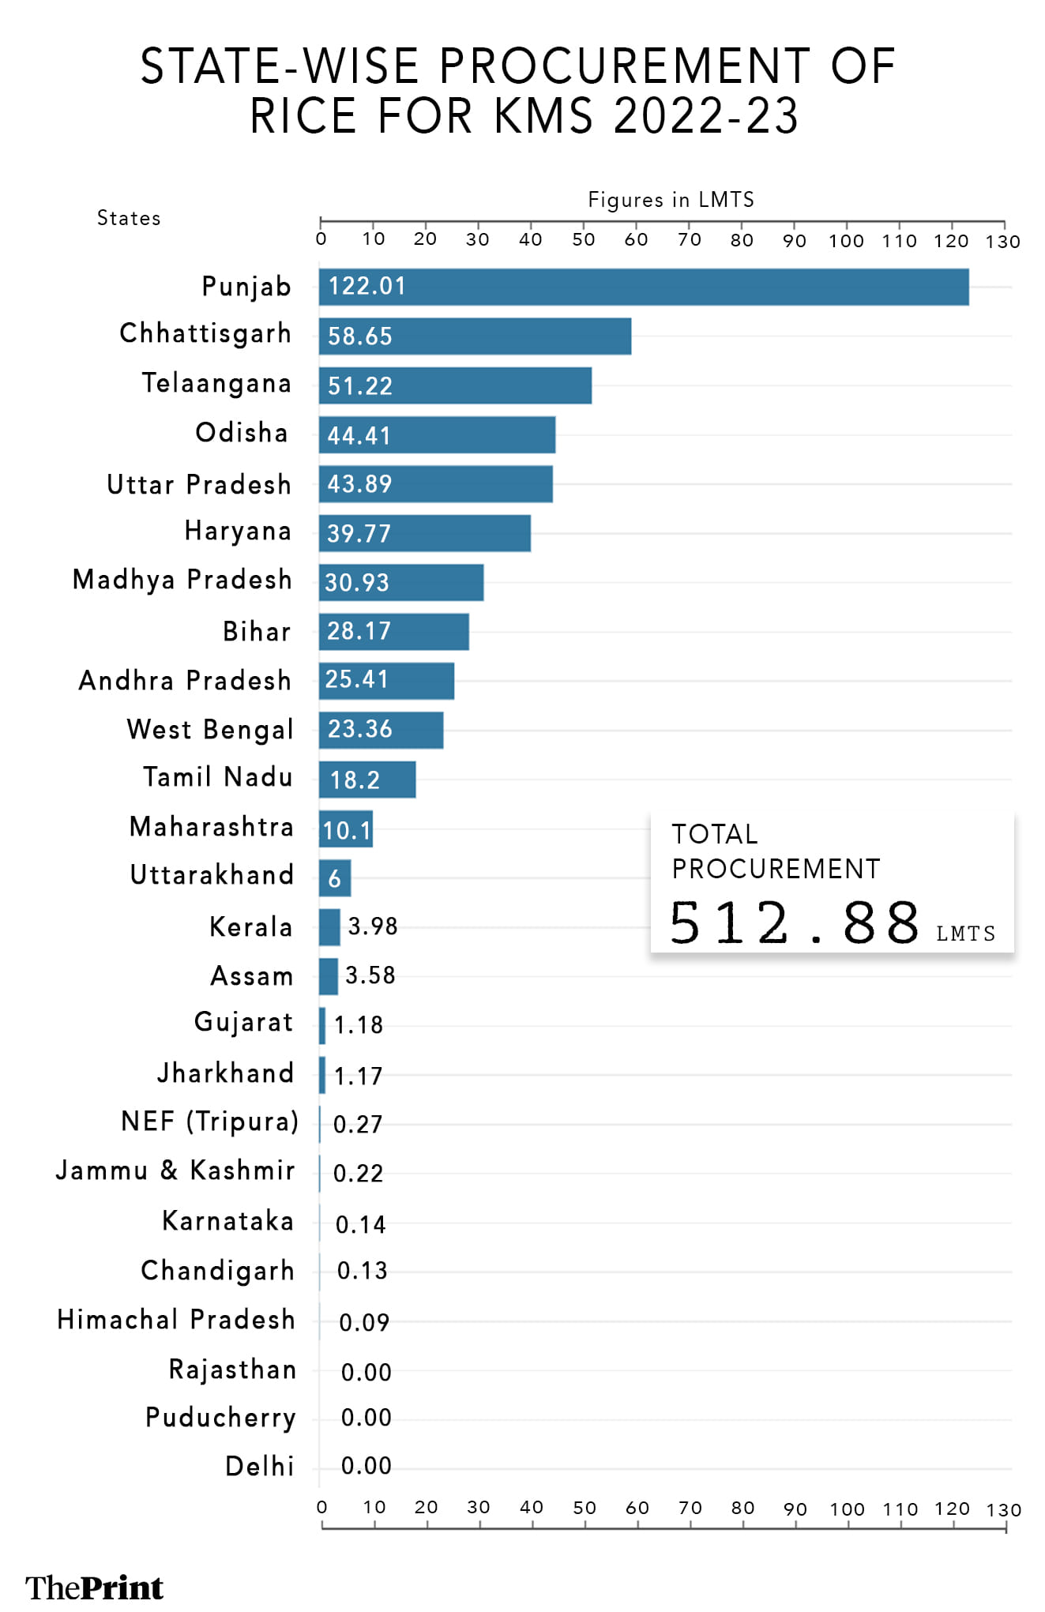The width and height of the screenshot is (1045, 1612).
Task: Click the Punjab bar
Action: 644,287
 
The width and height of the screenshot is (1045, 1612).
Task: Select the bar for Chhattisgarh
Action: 475,336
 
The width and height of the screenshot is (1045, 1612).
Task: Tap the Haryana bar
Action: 425,533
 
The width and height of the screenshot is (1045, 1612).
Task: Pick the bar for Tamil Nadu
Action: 367,780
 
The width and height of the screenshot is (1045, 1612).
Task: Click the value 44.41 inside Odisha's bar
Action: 359,435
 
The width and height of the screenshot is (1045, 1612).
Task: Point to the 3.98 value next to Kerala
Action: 373,926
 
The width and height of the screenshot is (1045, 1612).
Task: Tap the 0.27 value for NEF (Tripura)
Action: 358,1124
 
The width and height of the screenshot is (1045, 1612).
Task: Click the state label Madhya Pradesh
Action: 182,580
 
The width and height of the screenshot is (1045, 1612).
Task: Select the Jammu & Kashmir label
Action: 175,1170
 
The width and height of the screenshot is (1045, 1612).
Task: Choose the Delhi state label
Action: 260,1466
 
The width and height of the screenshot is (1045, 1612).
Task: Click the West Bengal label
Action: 210,729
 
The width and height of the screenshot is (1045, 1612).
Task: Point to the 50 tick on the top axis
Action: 584,239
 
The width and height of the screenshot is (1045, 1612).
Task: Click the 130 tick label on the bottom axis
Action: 1004,1509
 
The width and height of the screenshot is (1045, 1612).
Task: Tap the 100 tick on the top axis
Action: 846,240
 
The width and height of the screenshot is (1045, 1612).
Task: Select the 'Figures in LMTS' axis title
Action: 671,200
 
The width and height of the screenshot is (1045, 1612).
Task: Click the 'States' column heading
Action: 129,218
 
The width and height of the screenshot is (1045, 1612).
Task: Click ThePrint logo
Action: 94,1587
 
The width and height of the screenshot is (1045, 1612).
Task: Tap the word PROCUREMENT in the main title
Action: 624,66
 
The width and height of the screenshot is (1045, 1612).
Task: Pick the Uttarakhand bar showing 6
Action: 335,877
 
